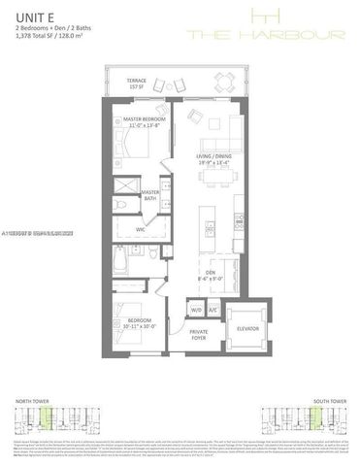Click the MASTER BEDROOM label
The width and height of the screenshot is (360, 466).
[145, 121]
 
